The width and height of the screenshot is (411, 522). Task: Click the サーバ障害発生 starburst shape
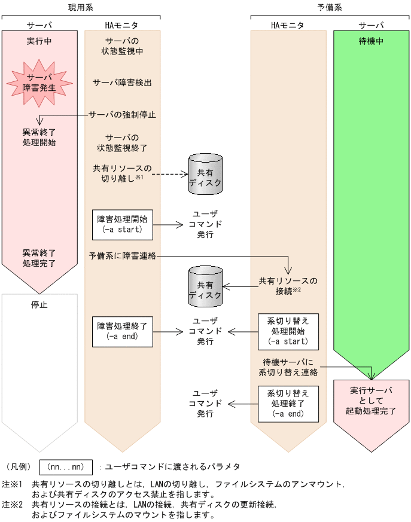(39, 82)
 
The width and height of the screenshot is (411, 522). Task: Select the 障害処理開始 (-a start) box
(122, 225)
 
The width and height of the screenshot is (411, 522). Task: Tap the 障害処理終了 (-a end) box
(122, 331)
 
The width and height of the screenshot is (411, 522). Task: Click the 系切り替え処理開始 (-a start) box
(288, 331)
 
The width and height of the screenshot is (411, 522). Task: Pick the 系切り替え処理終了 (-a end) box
(288, 402)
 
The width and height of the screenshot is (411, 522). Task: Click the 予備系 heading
(330, 7)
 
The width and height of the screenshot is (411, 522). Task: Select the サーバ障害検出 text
(122, 83)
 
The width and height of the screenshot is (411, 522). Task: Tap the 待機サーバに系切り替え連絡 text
(288, 367)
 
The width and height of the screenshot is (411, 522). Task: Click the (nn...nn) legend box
(66, 466)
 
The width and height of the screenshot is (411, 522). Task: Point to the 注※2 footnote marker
(12, 504)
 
